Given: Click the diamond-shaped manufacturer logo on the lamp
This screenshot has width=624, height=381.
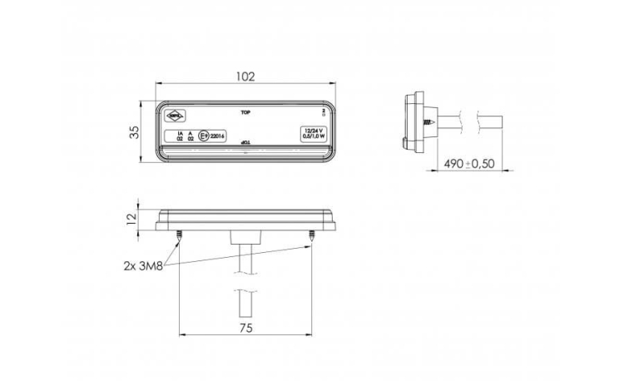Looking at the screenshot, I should (x=176, y=117).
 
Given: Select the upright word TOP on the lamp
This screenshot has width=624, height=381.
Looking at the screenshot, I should (x=245, y=111).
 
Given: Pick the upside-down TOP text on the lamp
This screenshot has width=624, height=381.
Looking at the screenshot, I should (x=245, y=146).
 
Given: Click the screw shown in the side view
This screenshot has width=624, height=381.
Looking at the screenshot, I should (x=428, y=122).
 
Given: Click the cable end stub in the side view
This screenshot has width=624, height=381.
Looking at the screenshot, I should (x=497, y=121).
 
